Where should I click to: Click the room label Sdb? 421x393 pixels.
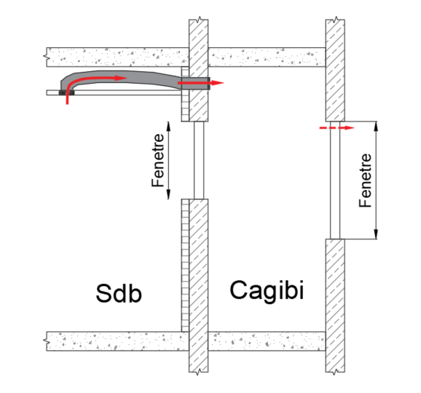pos(119,293)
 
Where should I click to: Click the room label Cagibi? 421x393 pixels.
pos(267,291)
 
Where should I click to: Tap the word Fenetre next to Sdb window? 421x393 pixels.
pos(157,160)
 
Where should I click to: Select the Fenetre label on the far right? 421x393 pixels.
pos(365,180)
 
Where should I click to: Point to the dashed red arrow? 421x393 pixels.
pos(337,128)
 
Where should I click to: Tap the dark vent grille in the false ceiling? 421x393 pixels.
pos(66,93)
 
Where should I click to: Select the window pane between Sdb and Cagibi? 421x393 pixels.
pos(199,160)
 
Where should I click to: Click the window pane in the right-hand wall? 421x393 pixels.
pos(335,180)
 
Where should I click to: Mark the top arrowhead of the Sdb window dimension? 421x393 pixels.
pos(168,126)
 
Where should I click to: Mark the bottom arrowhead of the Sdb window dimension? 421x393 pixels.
pos(168,194)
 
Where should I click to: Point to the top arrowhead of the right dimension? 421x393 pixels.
pos(376,127)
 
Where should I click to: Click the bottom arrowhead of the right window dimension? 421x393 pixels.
pos(376,234)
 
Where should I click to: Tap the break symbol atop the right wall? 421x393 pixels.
pos(335,19)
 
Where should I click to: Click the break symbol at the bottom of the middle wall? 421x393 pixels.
pos(198,372)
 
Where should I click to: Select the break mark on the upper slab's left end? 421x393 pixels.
pos(45,57)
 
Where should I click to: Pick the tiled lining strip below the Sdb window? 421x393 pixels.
pos(185,266)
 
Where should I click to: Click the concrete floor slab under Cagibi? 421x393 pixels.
pos(267,341)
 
